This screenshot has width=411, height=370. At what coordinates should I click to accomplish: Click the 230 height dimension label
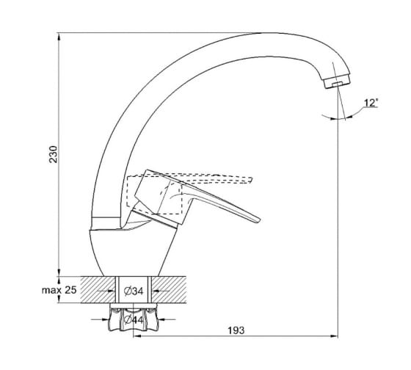pos(54,154)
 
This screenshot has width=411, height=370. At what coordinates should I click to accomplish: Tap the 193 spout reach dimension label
pos(236,330)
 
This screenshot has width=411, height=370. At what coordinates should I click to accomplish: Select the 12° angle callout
pos(371,103)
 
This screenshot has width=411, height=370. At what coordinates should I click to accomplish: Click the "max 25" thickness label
pos(59,290)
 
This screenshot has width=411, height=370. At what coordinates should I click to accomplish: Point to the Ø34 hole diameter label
pos(134,291)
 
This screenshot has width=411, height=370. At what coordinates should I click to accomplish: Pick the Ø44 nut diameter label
pos(134,319)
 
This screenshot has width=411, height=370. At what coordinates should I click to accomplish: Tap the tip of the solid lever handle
pos(259,221)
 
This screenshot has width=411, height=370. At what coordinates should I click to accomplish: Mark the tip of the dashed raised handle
pos(251,180)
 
